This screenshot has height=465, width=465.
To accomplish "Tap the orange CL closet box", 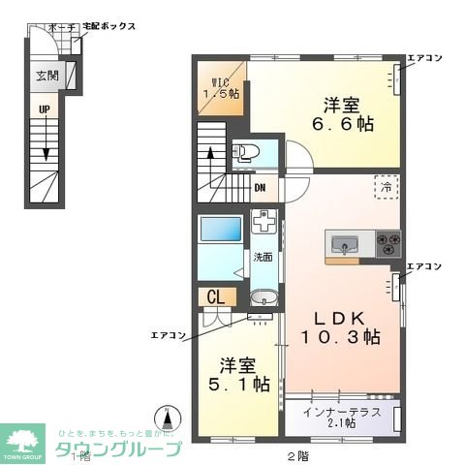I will pos(215,296).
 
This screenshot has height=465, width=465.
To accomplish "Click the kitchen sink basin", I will pos(345,242).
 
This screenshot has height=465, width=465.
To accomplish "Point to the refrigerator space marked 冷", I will pos(385,182).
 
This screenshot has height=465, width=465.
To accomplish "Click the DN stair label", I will pos(260,188).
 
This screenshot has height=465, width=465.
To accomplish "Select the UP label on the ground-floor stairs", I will pos(45,110).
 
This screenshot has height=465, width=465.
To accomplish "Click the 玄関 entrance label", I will pos(46,77).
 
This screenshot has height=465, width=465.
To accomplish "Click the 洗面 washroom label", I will pos(263,258).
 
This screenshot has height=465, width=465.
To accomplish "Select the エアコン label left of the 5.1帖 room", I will pos(167,335).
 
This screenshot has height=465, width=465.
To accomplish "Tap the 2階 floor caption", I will pos(297,454).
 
